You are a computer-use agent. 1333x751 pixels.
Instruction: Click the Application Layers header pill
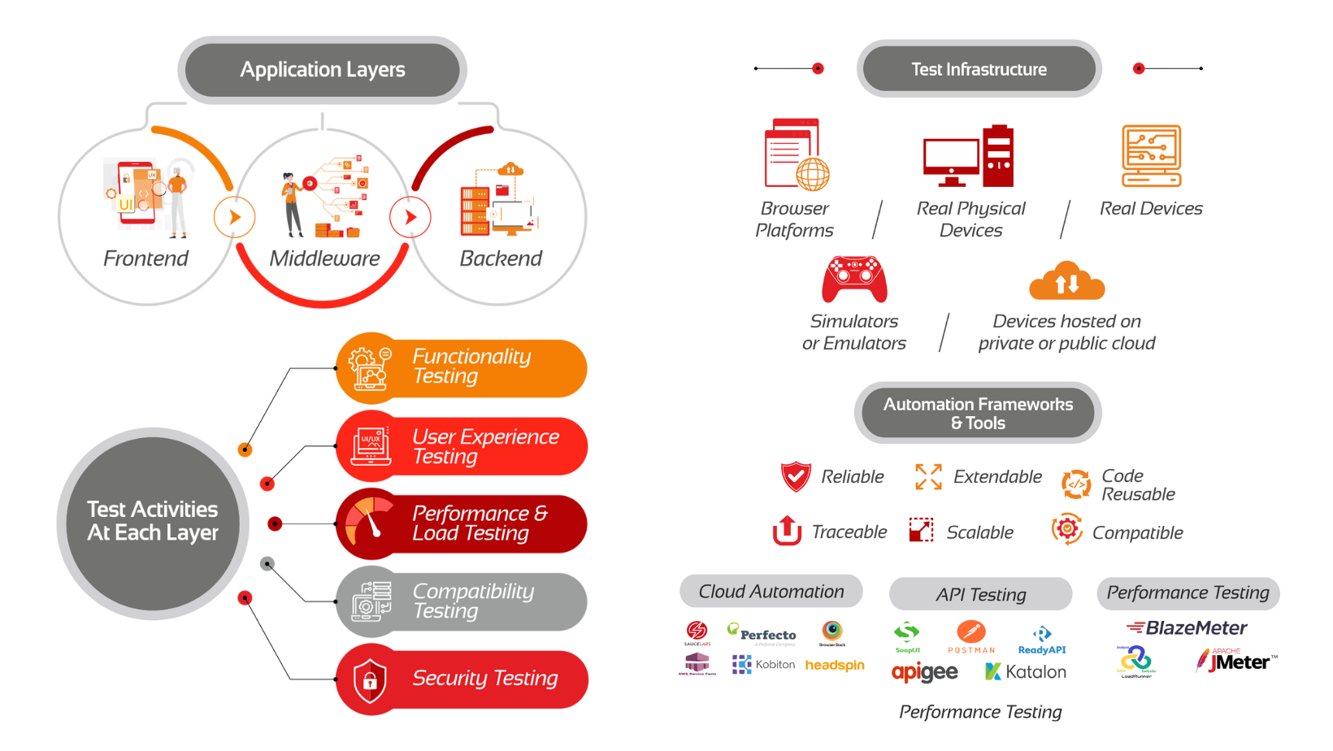322,70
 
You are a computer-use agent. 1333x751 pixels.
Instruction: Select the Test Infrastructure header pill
979,69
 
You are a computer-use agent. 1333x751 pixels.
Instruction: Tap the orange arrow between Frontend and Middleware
234,217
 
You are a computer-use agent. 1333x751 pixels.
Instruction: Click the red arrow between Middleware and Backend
410,217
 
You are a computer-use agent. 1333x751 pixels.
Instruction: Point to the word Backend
501,258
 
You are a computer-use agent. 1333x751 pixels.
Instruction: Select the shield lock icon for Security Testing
370,679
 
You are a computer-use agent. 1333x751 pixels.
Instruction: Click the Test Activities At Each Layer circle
153,522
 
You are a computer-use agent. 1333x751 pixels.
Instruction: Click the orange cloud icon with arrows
1066,281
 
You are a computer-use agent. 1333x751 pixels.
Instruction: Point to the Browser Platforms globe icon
811,173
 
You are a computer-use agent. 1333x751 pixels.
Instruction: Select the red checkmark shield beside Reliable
795,476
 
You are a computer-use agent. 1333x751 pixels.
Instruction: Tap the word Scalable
979,532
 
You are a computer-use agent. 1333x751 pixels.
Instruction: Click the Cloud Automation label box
771,592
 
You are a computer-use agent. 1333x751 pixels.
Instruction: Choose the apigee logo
924,672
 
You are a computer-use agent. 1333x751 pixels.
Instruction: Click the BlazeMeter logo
1187,627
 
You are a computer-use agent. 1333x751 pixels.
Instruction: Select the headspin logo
835,665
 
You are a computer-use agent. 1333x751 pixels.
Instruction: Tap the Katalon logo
1026,672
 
